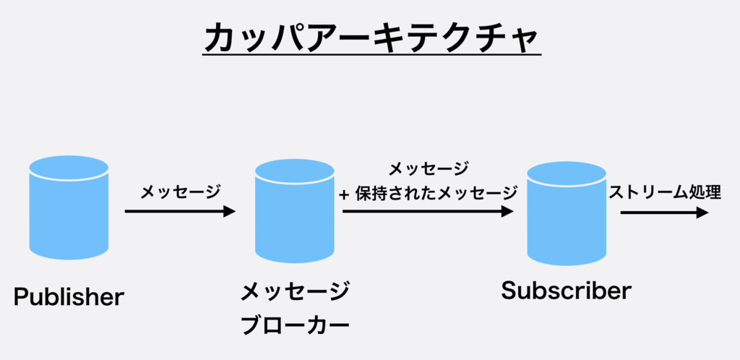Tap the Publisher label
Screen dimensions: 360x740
click(69, 296)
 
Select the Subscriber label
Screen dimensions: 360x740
click(566, 291)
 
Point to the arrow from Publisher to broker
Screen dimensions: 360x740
click(177, 212)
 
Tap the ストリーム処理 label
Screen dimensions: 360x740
click(666, 193)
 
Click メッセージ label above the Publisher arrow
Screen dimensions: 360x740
click(180, 192)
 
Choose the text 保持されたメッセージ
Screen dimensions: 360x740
click(436, 193)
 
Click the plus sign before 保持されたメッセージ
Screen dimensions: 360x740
click(345, 194)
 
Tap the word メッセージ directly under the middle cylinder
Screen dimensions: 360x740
click(295, 293)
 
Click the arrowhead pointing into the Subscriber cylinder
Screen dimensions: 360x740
click(507, 212)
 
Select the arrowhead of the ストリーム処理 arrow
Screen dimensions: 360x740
click(702, 213)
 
